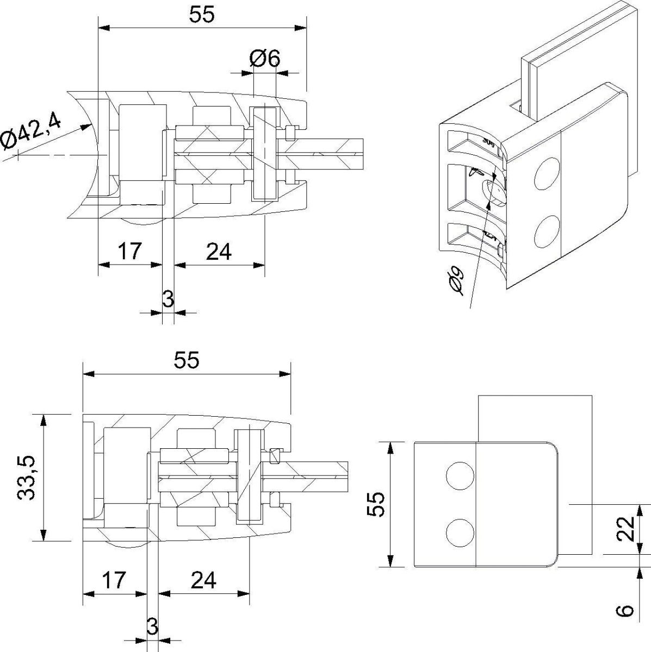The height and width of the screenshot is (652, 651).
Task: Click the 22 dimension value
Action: [x=627, y=528]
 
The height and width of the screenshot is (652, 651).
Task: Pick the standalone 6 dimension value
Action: [x=627, y=610]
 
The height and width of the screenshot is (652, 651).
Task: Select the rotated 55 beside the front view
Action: [x=376, y=505]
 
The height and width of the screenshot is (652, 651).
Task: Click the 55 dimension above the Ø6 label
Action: [x=202, y=15]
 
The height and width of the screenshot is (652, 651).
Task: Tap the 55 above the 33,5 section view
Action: [x=187, y=360]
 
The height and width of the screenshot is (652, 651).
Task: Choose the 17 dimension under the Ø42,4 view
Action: [x=129, y=252]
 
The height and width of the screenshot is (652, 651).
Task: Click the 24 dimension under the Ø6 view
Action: [x=219, y=252]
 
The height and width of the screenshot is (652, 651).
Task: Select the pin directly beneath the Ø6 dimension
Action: [x=264, y=154]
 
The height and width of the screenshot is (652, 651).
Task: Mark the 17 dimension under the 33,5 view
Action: [x=114, y=580]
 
